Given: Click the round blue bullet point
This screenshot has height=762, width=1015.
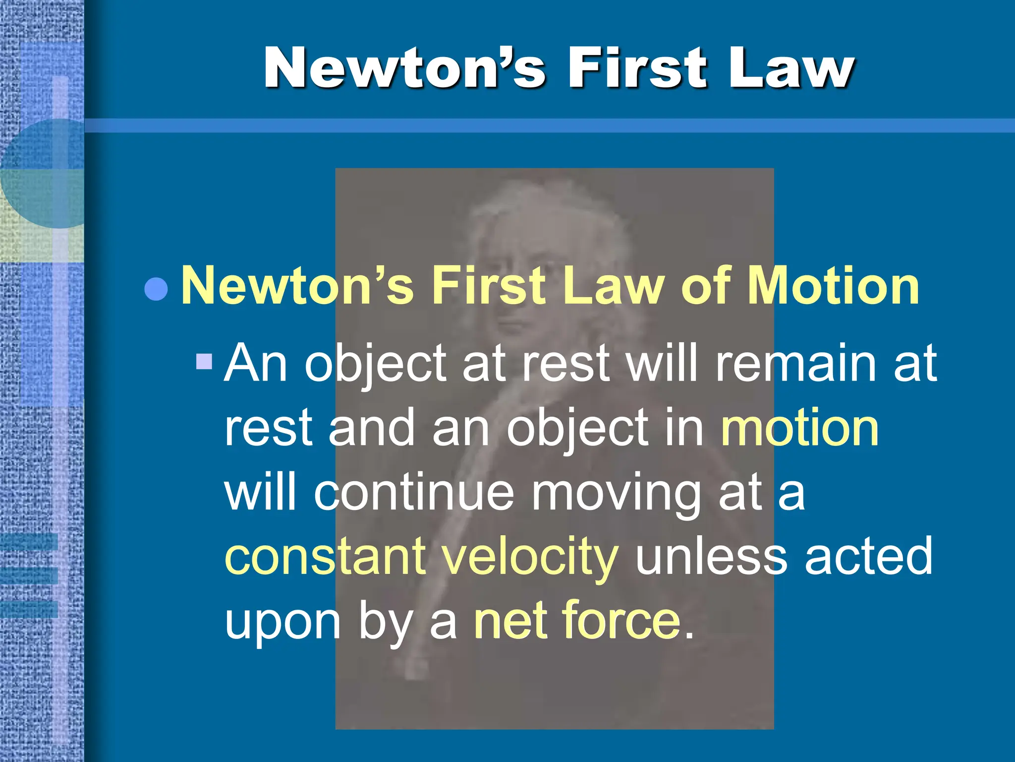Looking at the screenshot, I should click(x=156, y=289).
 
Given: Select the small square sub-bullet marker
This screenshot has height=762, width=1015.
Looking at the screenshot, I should click(x=204, y=361).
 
